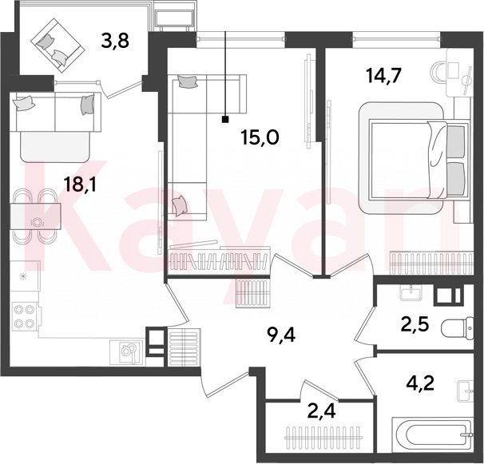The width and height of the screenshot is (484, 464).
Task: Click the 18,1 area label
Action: (80, 184)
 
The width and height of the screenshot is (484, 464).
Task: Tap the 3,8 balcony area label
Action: (115, 41)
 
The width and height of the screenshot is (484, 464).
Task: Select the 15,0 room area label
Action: (260, 137)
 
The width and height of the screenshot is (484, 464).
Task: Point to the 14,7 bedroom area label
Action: (383, 76)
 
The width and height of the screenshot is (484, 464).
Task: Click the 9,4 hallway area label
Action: (281, 335)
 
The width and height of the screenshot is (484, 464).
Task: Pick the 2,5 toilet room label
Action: (415, 325)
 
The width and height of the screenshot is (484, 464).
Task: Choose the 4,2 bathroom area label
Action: (420, 383)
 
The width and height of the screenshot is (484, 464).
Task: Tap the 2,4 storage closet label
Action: (321, 411)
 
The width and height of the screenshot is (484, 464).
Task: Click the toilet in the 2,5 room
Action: (458, 328)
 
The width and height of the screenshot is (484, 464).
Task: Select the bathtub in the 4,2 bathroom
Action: (433, 437)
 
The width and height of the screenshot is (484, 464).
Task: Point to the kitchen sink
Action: (127, 351)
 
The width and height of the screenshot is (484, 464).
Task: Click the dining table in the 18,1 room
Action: (35, 216)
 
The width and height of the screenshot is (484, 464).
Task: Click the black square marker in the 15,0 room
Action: (225, 119)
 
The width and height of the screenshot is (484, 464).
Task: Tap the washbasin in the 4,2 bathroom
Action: (466, 391)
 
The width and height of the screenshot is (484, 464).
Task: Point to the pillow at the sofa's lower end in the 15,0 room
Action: (180, 205)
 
